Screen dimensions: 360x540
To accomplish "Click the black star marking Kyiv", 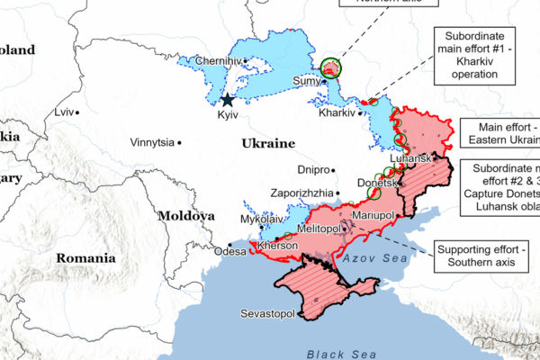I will pos(228,101).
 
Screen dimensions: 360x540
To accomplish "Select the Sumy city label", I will pos(307,81).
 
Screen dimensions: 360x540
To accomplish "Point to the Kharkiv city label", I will pos(337,113).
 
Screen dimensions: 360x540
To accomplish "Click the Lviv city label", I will pos(63,112).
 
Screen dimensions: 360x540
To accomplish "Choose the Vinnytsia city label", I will pos(152,142).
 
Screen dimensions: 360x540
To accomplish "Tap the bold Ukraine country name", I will pos(267,143).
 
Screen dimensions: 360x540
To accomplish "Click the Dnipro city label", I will pos(315,169).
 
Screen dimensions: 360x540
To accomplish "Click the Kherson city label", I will pos(277,245).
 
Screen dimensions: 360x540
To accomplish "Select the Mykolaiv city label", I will pos(263,219).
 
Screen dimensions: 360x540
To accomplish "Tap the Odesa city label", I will pos(229,252).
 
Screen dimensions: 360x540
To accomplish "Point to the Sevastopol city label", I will pos(268,313).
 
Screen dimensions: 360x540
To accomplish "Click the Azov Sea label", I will pos(369,258).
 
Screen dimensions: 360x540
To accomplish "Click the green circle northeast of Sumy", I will pos(332,67).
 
